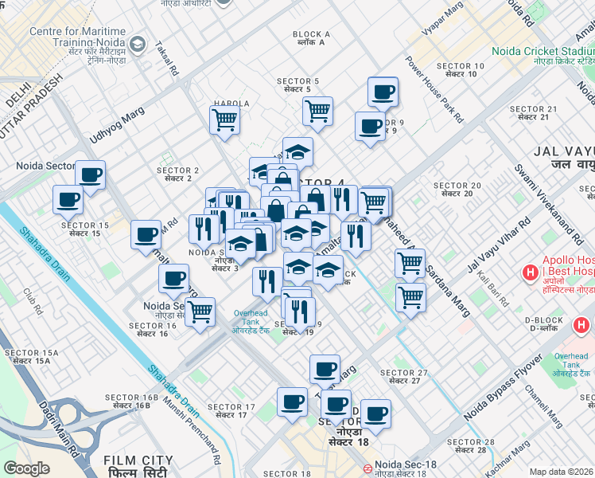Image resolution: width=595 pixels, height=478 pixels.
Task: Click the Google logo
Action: pos(27,468)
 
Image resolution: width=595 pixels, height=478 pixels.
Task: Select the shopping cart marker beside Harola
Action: pos(224,120)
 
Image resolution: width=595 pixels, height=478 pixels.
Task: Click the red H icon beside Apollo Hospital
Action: pos(530,273)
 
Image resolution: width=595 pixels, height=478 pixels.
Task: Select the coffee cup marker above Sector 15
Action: pos(68,199)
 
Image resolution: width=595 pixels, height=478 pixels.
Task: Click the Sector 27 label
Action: pos(404,377)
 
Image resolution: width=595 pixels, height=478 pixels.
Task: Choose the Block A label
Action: pos(311,37)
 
